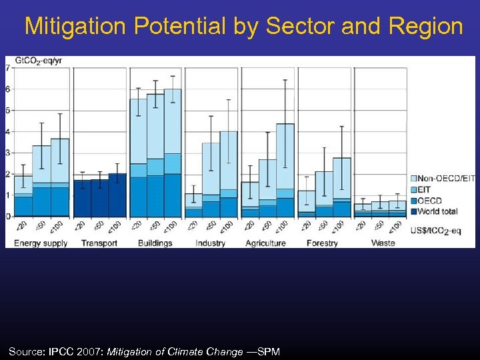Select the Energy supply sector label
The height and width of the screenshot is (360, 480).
pyautogui.click(x=41, y=243)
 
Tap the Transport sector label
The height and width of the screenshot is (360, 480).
pyautogui.click(x=99, y=243)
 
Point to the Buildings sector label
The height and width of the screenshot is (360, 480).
pyautogui.click(x=155, y=243)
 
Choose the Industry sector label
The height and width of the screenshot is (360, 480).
pyautogui.click(x=210, y=243)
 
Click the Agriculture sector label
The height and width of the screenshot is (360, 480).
pyautogui.click(x=265, y=243)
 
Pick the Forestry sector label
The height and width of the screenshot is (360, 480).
pyautogui.click(x=323, y=243)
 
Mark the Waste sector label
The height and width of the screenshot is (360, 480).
pyautogui.click(x=383, y=243)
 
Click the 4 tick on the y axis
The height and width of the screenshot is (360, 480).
pyautogui.click(x=7, y=132)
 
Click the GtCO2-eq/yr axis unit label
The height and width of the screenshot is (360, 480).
pyautogui.click(x=37, y=61)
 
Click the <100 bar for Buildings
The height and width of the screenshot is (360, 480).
pyautogui.click(x=173, y=153)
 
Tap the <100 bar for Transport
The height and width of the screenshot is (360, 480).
pyautogui.click(x=117, y=195)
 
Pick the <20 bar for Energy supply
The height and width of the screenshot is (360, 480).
pyautogui.click(x=23, y=196)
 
